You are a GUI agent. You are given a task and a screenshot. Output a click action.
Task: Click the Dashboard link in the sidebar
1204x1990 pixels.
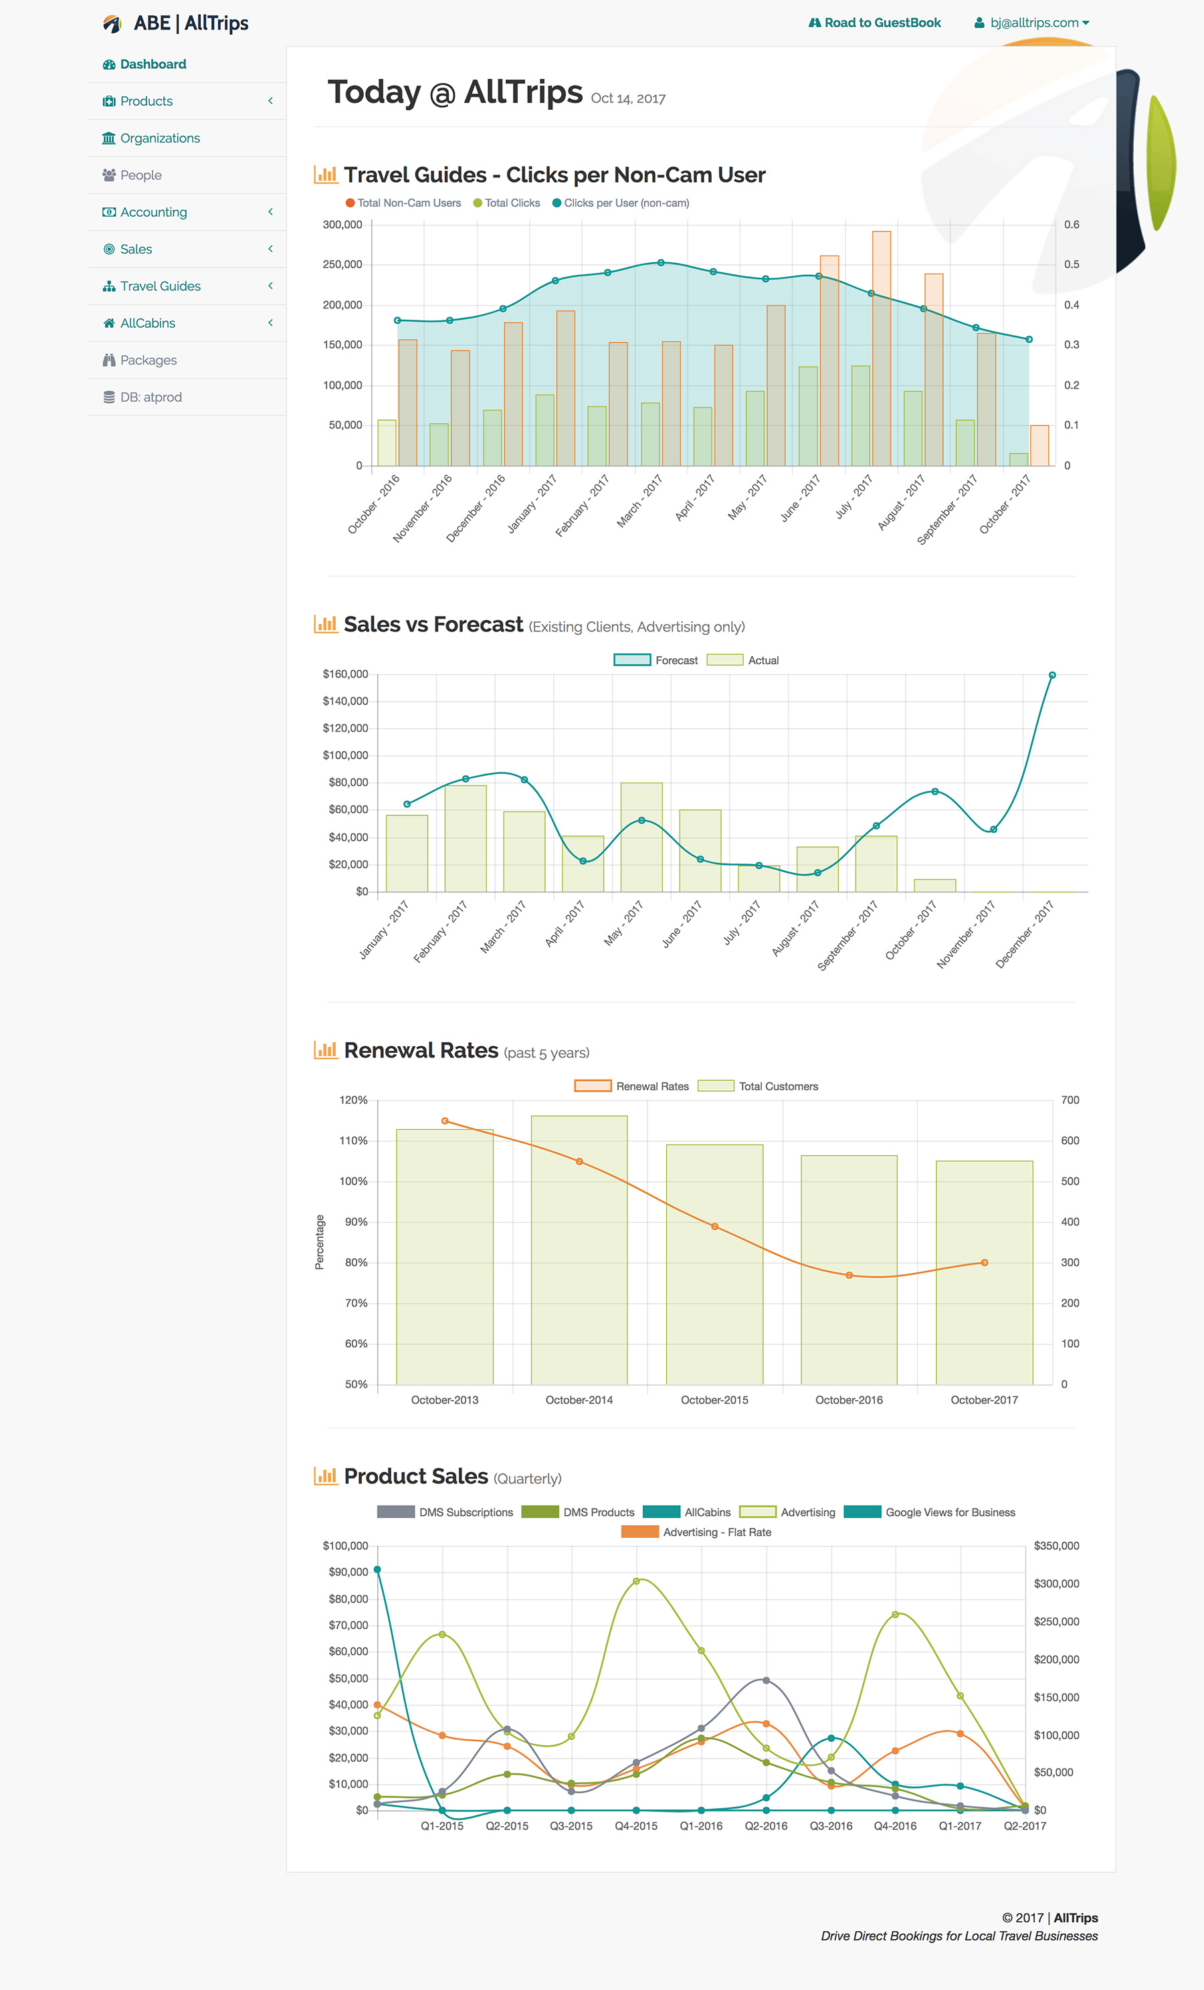point(153,65)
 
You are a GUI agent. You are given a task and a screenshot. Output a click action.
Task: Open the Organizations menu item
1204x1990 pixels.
point(160,138)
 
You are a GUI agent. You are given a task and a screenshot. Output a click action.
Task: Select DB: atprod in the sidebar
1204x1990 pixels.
point(150,397)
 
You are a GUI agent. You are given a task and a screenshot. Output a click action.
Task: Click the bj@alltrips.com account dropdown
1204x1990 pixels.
point(1033,23)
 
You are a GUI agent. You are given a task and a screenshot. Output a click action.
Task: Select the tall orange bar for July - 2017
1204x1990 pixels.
point(881,347)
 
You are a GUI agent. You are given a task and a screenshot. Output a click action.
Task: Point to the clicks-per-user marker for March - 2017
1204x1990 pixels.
point(661,262)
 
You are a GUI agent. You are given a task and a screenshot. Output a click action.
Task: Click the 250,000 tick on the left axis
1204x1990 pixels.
point(342,265)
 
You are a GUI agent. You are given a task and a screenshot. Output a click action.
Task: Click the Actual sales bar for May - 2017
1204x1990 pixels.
point(641,837)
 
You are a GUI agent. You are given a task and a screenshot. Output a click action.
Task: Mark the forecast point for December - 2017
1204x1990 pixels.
point(1051,675)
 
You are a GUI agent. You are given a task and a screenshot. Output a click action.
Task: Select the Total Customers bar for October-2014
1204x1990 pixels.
point(579,1249)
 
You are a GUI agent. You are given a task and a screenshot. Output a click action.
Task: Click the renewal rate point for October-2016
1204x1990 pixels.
point(849,1275)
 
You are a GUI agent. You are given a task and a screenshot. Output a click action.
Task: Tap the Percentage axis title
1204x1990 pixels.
point(320,1242)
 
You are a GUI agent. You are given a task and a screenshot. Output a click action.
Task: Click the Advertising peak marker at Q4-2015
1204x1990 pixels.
point(636,1581)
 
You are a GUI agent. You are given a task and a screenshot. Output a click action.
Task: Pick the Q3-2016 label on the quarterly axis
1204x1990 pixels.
point(831,1826)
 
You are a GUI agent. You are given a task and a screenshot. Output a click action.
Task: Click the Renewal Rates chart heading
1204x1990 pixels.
point(421,1050)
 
